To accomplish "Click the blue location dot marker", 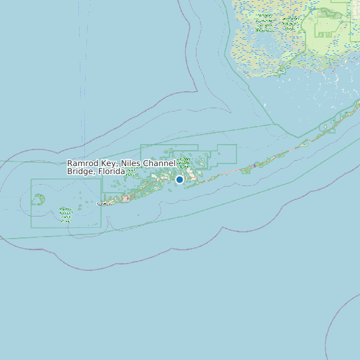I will (179, 179).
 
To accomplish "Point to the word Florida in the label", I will (112, 171).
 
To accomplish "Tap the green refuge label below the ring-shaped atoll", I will (65, 213).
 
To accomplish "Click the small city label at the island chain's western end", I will (104, 204).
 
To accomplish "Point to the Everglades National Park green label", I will (266, 24).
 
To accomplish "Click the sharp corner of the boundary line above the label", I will (197, 90).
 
